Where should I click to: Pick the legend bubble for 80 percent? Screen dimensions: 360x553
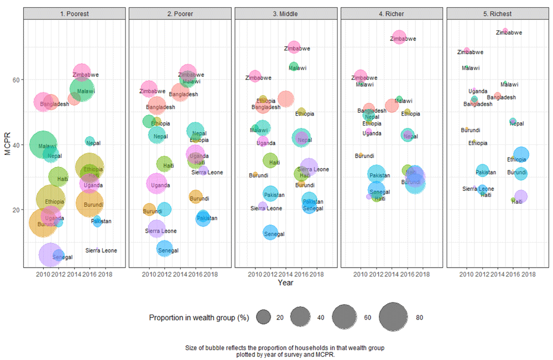click(394, 317)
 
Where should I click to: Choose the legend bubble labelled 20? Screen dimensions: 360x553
click(263, 317)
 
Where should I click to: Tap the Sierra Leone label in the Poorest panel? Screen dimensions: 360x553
click(101, 251)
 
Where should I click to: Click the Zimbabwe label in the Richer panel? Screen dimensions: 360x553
click(403, 39)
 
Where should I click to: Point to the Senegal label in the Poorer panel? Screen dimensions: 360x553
click(168, 251)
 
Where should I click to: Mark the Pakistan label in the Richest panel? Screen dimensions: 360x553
click(486, 172)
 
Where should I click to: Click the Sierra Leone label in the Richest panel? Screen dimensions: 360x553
click(478, 189)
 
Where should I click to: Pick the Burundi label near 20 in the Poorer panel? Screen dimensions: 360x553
click(153, 211)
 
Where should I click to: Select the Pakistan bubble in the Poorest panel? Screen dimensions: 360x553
click(97, 222)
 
